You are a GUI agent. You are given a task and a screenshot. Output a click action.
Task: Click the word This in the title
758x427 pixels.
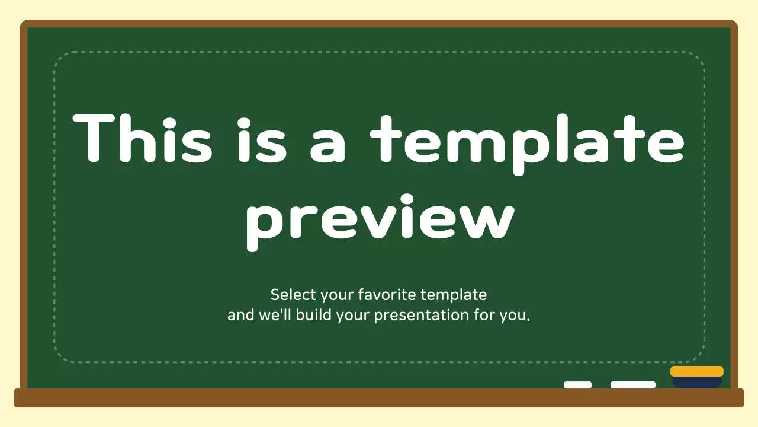coord(142,140)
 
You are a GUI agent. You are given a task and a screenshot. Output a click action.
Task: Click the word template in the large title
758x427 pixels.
coord(527,142)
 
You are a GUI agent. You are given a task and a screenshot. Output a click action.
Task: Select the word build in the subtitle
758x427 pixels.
coord(314,315)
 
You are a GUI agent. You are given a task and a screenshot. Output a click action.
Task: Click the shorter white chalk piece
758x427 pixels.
coord(577,385)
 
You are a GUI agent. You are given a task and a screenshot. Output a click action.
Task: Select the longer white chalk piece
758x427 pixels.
coord(632,385)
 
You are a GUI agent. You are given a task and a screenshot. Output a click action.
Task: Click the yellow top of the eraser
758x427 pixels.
coord(696,371)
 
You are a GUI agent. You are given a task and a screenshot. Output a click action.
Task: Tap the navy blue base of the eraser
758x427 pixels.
coord(696,383)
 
